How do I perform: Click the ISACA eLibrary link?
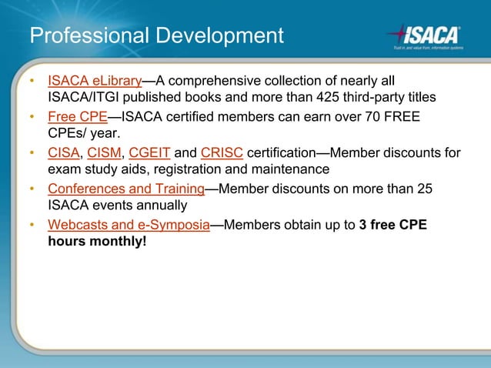click(95, 81)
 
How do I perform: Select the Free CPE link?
click(77, 117)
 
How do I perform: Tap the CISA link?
click(64, 152)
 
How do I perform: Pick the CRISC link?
click(222, 152)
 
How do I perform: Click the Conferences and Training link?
click(126, 189)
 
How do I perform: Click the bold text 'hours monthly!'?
click(97, 242)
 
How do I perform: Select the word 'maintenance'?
click(290, 169)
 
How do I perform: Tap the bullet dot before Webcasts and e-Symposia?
click(32, 226)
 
